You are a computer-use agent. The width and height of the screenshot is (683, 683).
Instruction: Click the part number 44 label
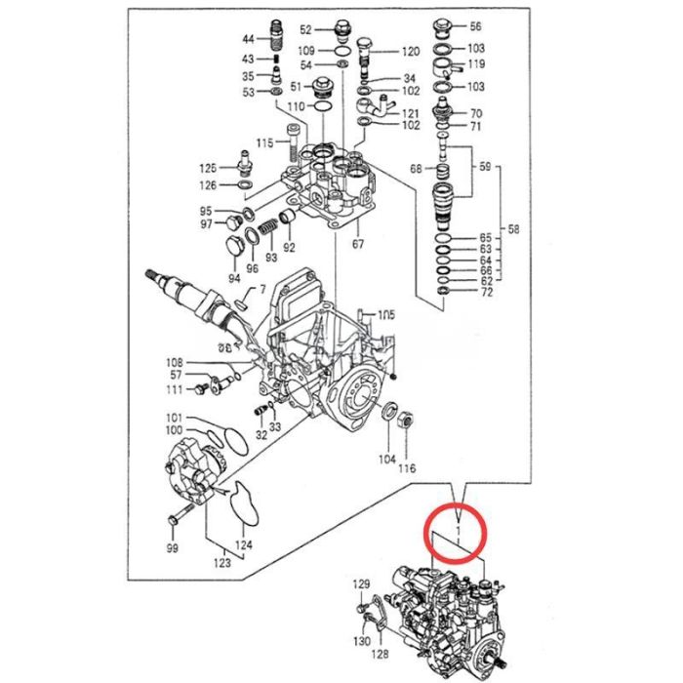(248, 40)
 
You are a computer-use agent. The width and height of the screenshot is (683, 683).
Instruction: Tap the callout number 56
(475, 26)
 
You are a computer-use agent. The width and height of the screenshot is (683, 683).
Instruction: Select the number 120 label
(410, 51)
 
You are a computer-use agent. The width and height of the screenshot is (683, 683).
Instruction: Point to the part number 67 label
(357, 244)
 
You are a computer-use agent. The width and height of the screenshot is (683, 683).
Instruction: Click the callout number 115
(264, 143)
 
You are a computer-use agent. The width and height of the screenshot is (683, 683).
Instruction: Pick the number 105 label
(387, 314)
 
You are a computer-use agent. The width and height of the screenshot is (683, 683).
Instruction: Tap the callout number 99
(172, 550)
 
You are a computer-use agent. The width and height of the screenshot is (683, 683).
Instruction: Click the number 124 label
(243, 544)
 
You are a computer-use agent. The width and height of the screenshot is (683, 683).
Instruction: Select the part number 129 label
(361, 584)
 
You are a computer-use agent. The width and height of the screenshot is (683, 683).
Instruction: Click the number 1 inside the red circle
(459, 533)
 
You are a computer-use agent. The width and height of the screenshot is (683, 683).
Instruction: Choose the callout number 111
(174, 390)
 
